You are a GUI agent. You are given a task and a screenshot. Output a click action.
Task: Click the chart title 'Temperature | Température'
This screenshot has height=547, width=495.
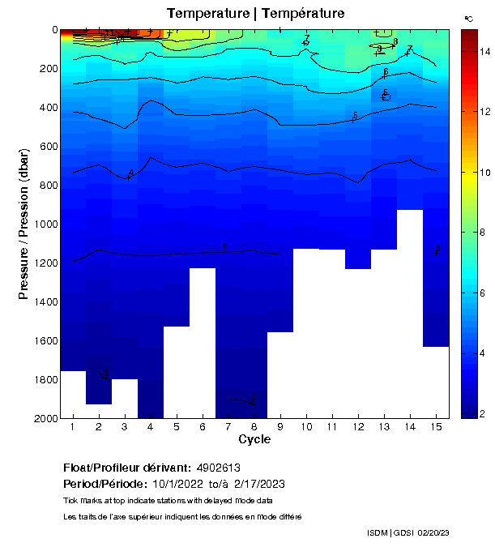[255, 13]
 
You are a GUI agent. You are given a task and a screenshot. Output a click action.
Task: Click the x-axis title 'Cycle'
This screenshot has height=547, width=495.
[254, 440]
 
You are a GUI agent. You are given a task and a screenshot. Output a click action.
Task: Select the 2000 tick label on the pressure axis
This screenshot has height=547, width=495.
[45, 418]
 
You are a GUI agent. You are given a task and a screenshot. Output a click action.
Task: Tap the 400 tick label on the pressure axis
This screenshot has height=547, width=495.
[48, 108]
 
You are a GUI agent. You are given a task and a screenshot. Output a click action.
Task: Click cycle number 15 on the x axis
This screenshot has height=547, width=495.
[436, 427]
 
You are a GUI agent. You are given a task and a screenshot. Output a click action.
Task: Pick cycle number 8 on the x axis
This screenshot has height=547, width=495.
[254, 427]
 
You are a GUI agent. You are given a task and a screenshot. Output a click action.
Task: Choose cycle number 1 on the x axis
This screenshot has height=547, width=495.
[73, 427]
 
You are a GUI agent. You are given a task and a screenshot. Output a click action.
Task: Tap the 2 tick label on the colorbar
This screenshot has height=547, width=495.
[484, 414]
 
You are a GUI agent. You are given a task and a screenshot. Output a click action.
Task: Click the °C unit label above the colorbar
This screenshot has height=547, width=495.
[468, 18]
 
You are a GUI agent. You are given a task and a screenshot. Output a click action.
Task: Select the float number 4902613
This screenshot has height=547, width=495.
[219, 468]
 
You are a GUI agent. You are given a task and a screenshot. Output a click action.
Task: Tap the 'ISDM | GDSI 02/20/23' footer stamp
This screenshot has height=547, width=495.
[408, 533]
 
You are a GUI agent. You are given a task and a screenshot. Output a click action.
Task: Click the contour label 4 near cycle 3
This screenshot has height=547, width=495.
[130, 173]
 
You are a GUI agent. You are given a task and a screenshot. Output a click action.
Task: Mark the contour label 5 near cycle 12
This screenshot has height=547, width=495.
[356, 116]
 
